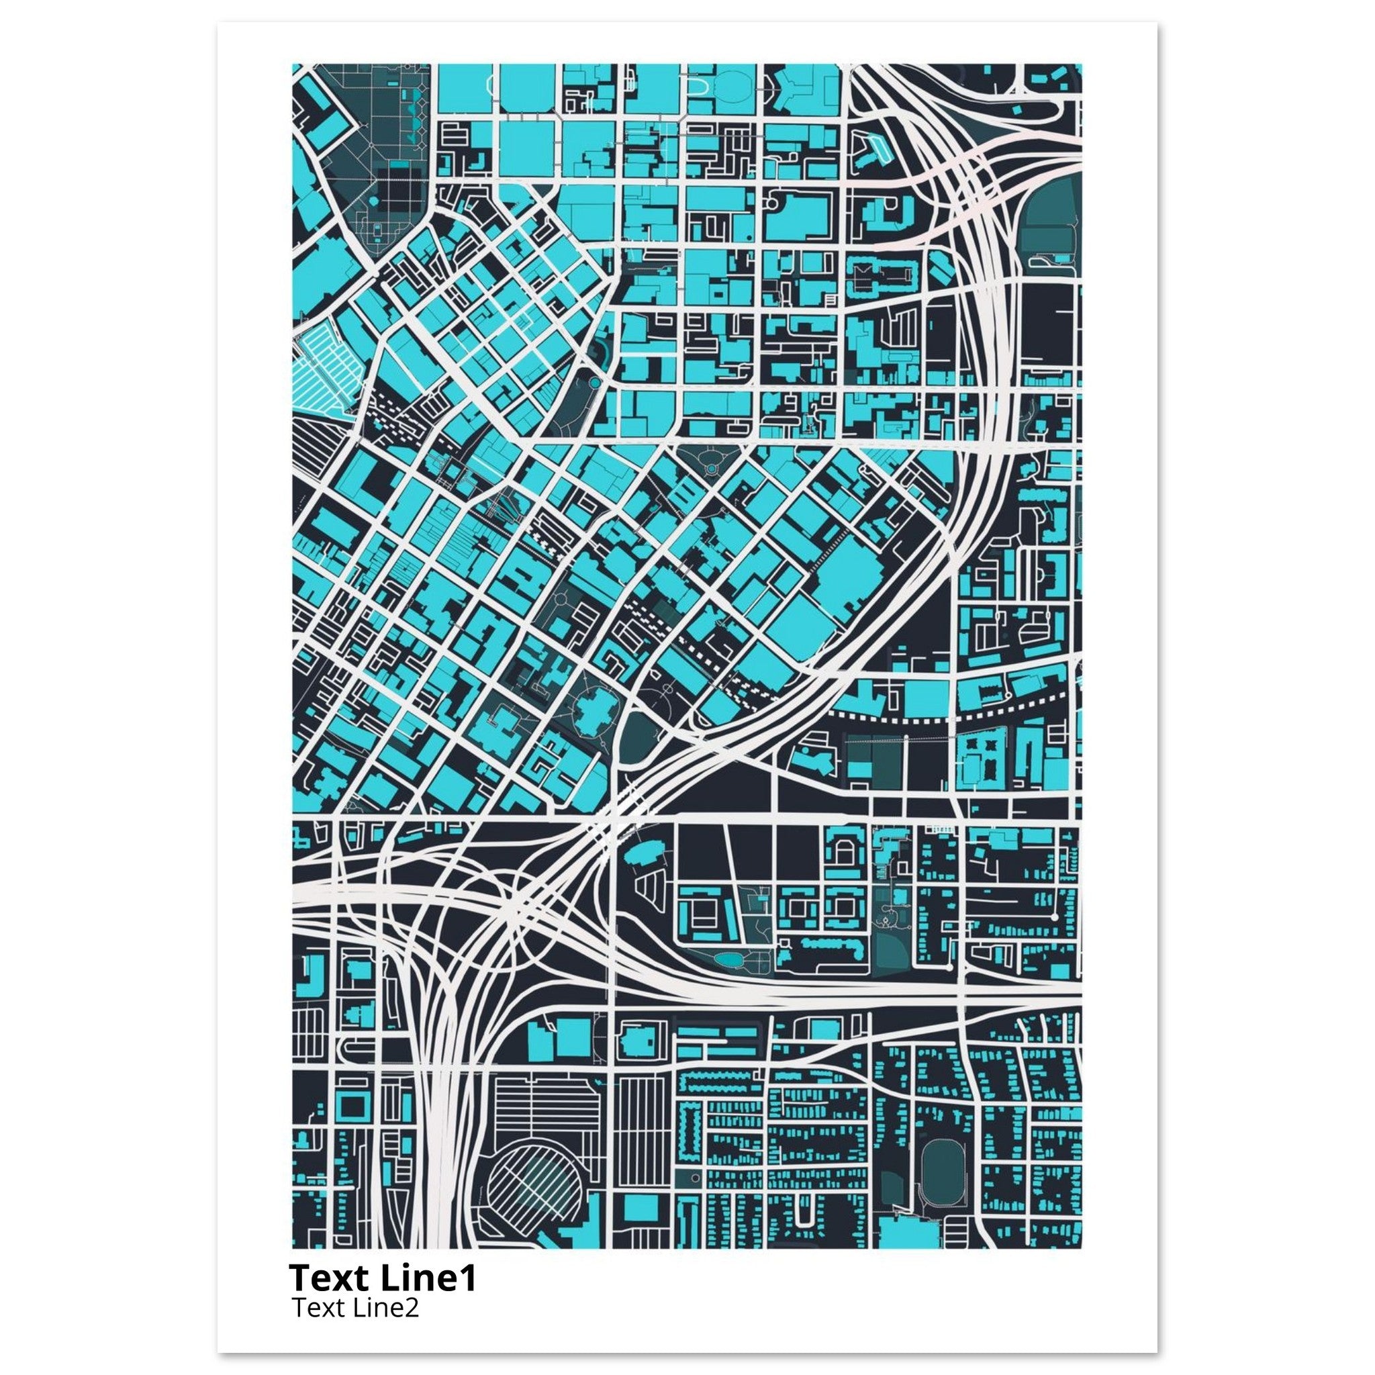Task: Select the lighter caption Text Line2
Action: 354,1308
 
